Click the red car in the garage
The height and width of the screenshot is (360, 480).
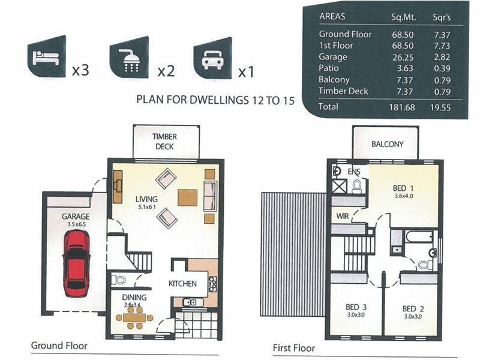point(76,263)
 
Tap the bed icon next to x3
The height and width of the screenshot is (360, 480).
point(46,57)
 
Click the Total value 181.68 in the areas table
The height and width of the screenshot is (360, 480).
point(402,107)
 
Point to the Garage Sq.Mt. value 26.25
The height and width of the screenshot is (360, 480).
point(403,57)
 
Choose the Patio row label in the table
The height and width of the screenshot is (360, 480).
point(328,68)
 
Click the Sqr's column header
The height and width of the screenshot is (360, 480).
point(442,17)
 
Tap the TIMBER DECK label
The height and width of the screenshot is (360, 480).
point(164,142)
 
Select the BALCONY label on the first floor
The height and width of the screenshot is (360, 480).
point(387,144)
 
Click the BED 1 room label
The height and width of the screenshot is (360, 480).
point(403,188)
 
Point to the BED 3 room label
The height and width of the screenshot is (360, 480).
point(356,307)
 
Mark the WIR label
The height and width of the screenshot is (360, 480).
point(342,216)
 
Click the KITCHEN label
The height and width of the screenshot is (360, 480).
point(183,284)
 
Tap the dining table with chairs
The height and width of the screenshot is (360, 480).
point(134,317)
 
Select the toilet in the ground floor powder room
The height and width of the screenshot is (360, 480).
point(118,280)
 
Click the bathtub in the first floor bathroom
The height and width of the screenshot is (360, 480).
point(419,236)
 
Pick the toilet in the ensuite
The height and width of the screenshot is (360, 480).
point(356,187)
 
